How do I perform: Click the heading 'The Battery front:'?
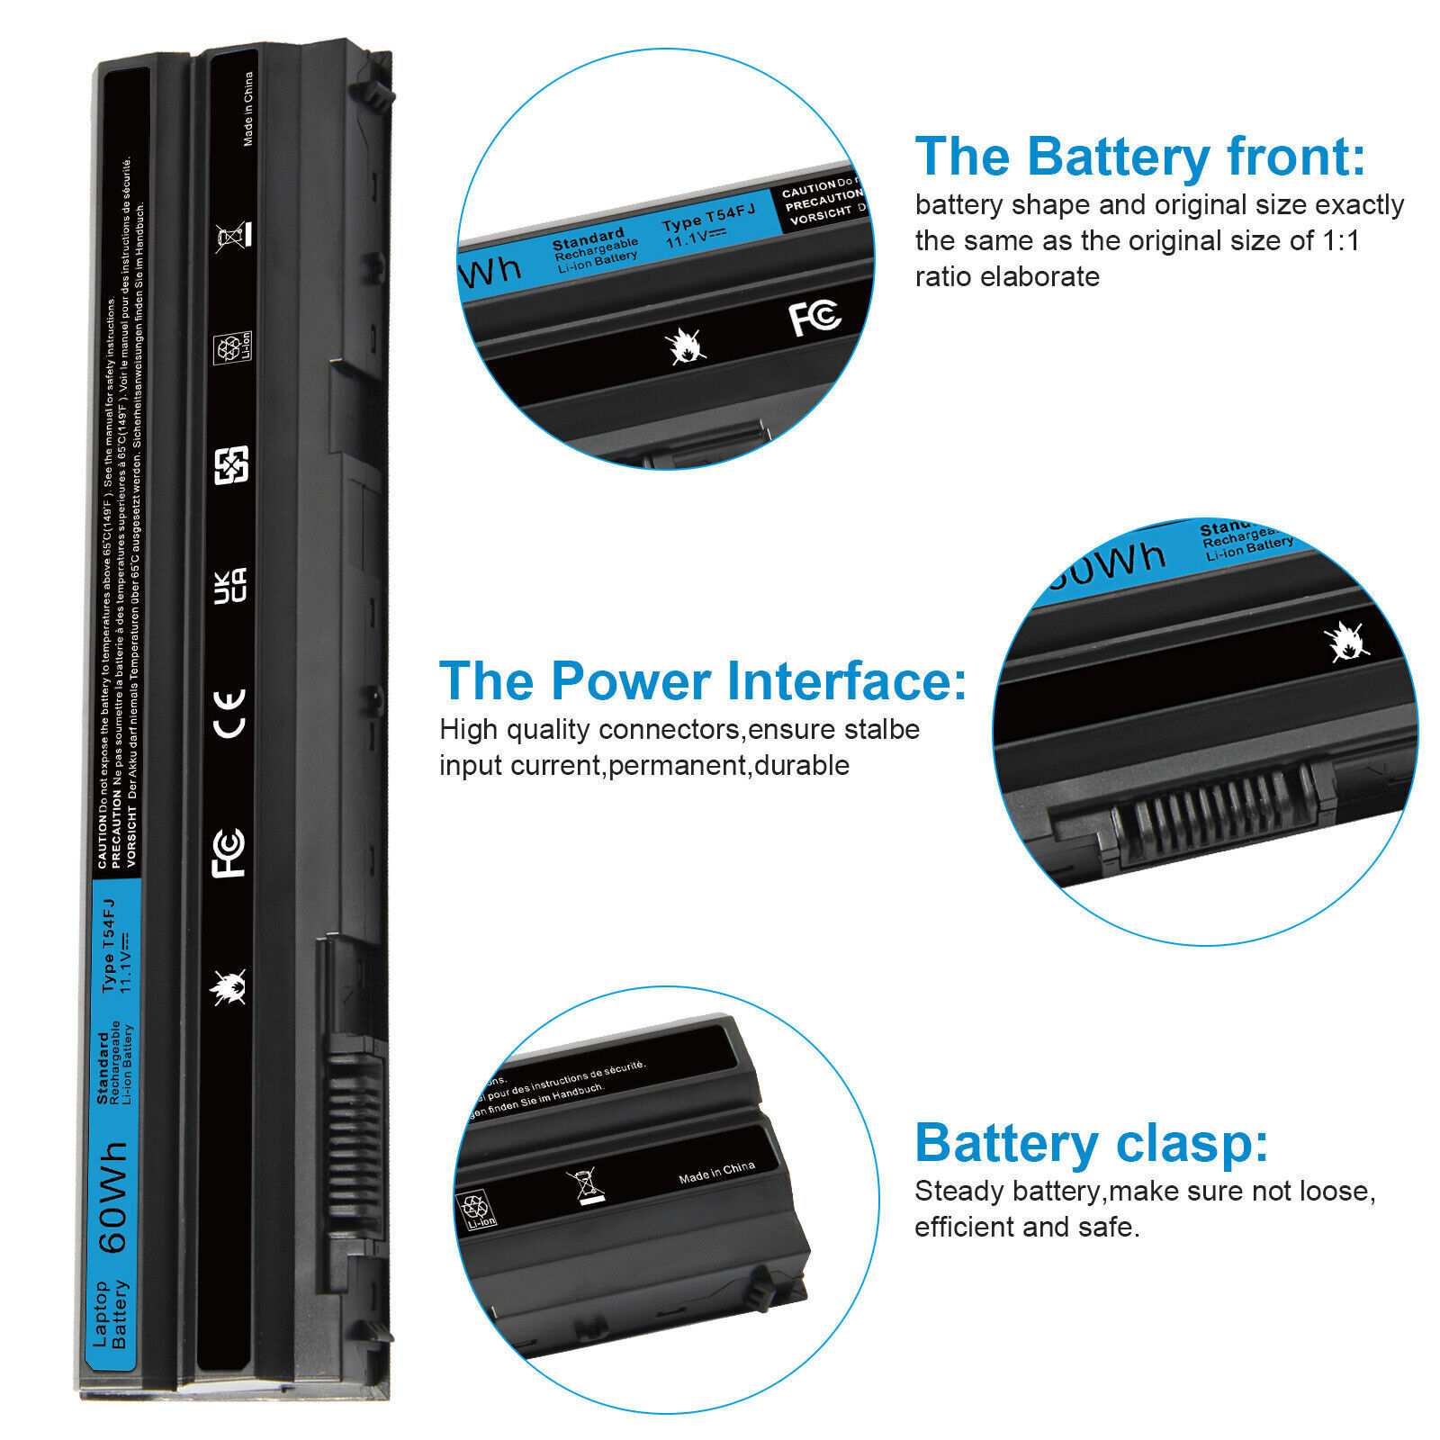(1139, 157)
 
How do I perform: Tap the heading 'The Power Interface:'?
(702, 680)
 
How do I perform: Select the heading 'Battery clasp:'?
(1091, 1143)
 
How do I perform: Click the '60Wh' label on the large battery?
(113, 1198)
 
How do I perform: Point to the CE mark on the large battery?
(230, 714)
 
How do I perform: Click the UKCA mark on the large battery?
(230, 585)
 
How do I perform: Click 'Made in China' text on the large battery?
(248, 109)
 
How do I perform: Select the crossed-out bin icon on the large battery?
(233, 236)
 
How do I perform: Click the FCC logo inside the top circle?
(814, 318)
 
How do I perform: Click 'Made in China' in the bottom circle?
(716, 1172)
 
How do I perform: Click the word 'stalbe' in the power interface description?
(882, 729)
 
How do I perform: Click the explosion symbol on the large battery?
(228, 987)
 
